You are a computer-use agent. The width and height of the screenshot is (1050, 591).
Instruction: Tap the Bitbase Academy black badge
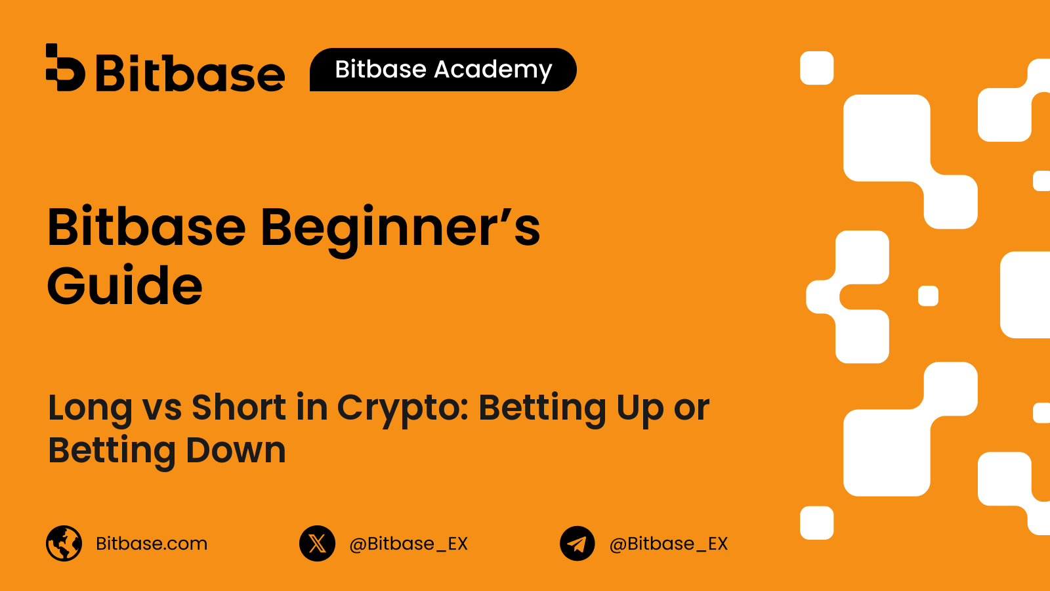[x=443, y=70]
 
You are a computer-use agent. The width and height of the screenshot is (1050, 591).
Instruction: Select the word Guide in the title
[x=125, y=285]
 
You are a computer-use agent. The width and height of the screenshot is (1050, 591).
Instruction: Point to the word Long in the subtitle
[x=90, y=408]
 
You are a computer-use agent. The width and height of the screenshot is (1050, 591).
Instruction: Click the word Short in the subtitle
[x=239, y=406]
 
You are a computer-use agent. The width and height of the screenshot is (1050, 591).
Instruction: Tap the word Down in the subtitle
[x=236, y=449]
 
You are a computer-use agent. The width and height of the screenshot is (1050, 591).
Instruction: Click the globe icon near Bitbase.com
[x=64, y=543]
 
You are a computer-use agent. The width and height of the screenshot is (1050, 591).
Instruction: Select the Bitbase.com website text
[x=152, y=544]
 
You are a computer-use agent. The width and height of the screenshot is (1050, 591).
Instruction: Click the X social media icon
[x=318, y=543]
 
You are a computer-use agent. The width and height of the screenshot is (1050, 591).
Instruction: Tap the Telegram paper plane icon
[x=577, y=543]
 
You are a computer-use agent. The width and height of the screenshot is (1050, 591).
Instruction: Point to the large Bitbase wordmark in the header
[x=190, y=73]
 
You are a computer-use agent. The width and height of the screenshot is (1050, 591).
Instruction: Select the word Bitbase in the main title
[x=146, y=226]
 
